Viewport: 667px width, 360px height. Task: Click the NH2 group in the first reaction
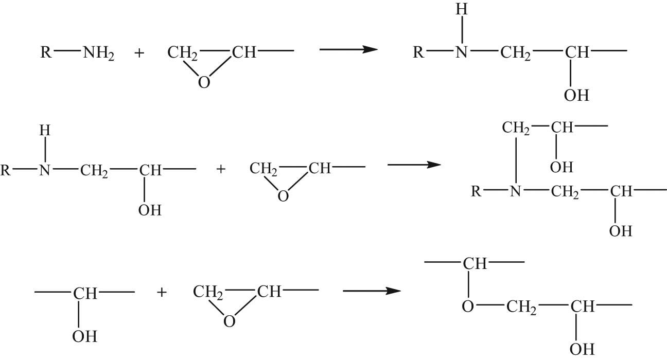pyautogui.click(x=99, y=53)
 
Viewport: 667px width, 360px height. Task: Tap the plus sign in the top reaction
pyautogui.click(x=139, y=53)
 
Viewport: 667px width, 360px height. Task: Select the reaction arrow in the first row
pyautogui.click(x=348, y=49)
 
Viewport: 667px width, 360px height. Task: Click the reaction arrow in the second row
pyautogui.click(x=414, y=165)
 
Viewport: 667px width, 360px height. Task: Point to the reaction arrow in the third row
pyautogui.click(x=372, y=291)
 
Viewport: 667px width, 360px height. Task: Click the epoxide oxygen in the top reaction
pyautogui.click(x=204, y=82)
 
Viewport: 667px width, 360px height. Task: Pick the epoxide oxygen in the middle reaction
pyautogui.click(x=283, y=196)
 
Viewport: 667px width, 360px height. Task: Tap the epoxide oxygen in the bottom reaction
pyautogui.click(x=230, y=321)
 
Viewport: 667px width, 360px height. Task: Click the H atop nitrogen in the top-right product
pyautogui.click(x=462, y=9)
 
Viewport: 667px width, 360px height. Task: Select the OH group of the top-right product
pyautogui.click(x=576, y=95)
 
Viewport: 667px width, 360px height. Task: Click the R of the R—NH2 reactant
pyautogui.click(x=46, y=52)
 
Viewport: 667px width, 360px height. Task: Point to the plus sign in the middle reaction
pyautogui.click(x=221, y=169)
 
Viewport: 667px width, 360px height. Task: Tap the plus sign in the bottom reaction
pyautogui.click(x=162, y=292)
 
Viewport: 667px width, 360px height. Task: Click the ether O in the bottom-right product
pyautogui.click(x=468, y=306)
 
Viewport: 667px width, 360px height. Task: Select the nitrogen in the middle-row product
pyautogui.click(x=516, y=191)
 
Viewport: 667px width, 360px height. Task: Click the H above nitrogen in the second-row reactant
pyautogui.click(x=45, y=130)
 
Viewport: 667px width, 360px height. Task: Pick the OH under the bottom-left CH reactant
pyautogui.click(x=84, y=336)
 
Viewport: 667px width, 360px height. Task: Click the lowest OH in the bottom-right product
pyautogui.click(x=582, y=349)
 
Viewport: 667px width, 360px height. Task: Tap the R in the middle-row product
pyautogui.click(x=476, y=191)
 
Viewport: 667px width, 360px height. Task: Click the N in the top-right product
pyautogui.click(x=462, y=52)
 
